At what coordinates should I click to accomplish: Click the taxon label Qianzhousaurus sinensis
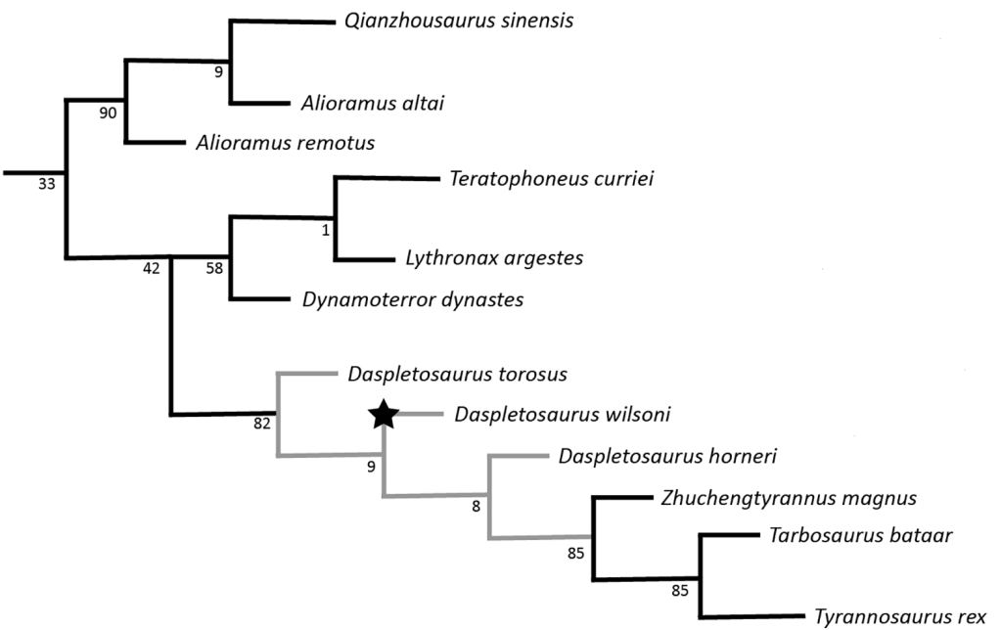pos(458,22)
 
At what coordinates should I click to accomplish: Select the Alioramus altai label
pos(367,103)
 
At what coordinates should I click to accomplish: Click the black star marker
pos(383,416)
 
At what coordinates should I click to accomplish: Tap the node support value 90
pos(108,112)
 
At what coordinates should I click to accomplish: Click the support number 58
pos(213,269)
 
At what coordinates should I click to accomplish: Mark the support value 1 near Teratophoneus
pos(327,229)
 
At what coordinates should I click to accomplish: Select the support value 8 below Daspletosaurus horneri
pos(477,506)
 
